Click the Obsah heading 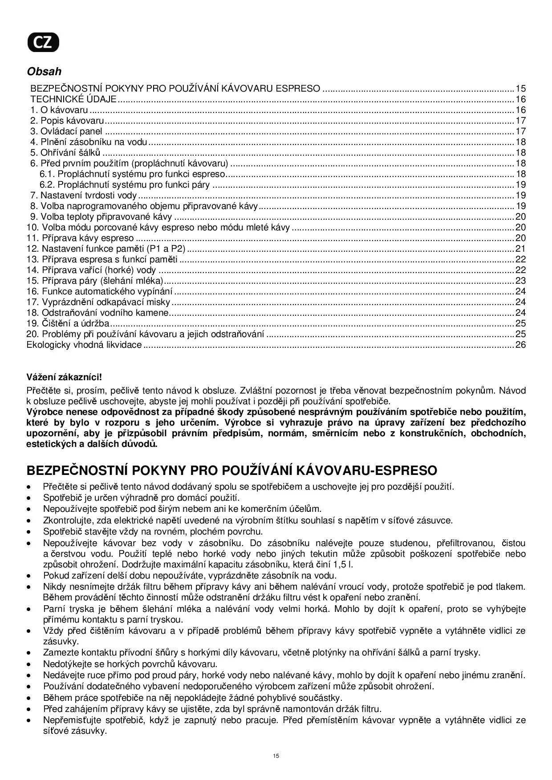(x=44, y=71)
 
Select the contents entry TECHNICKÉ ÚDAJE (x=73, y=99)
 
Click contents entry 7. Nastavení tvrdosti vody (x=83, y=195)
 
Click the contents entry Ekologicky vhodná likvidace (x=84, y=345)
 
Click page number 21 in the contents (x=520, y=249)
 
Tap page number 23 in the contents (x=520, y=281)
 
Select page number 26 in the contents (x=520, y=345)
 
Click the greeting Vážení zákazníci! (x=64, y=377)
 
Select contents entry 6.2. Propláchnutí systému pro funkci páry (x=125, y=185)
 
